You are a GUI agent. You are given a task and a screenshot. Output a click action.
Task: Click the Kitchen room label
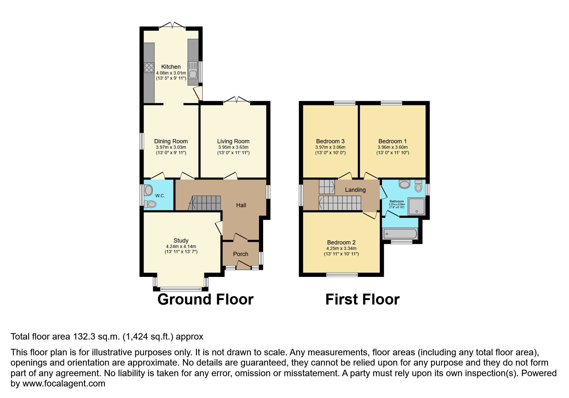click(x=171, y=67)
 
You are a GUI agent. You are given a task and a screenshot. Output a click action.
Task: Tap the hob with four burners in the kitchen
click(x=149, y=67)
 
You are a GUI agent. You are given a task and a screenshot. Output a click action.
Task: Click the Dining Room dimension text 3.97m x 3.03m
click(x=171, y=147)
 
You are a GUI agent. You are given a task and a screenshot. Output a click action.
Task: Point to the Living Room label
click(x=233, y=141)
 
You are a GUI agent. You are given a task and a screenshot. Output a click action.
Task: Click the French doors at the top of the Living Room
click(x=236, y=100)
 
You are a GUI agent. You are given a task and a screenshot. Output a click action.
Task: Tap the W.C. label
click(x=160, y=196)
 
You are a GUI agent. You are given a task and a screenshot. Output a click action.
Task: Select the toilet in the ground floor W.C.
click(x=150, y=204)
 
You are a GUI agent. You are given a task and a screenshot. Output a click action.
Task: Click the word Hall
click(x=241, y=205)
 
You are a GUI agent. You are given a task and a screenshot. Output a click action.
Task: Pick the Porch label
click(x=241, y=254)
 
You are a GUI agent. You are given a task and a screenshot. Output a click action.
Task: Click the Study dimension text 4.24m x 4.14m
click(x=181, y=247)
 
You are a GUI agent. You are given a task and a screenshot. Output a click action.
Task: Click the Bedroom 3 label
click(x=330, y=141)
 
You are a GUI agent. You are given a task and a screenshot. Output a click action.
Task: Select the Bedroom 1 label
click(x=392, y=141)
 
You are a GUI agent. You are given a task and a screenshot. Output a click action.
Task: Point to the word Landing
click(x=355, y=190)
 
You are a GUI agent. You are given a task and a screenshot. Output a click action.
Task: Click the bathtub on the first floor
click(x=400, y=234)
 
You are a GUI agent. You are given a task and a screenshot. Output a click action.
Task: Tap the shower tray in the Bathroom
click(x=416, y=206)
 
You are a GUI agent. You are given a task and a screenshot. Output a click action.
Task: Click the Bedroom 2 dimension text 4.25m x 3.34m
click(x=341, y=248)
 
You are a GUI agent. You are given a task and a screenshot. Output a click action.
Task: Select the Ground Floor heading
click(x=205, y=299)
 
